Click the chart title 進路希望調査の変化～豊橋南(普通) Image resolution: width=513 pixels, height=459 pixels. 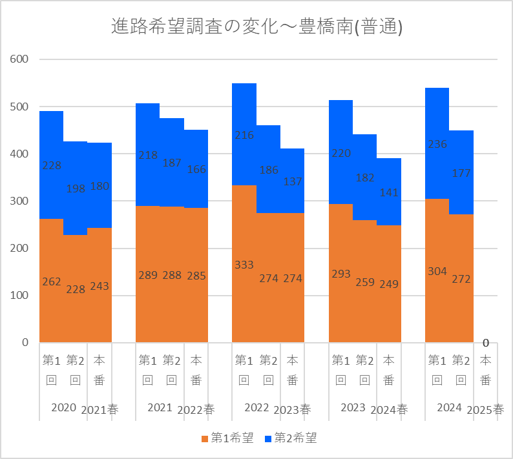[257, 26]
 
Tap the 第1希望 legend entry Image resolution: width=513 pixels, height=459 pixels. [227, 438]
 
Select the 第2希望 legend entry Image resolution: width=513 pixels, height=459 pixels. [291, 438]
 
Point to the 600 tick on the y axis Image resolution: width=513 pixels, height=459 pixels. [19, 59]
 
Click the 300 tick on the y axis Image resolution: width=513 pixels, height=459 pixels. [19, 201]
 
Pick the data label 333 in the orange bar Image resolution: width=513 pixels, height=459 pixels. [244, 265]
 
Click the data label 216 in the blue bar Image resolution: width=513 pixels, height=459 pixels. [244, 135]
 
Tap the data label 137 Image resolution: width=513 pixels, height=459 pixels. [293, 181]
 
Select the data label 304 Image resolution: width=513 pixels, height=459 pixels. [437, 271]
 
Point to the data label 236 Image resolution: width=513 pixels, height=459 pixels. [437, 144]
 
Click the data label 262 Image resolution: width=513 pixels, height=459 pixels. [52, 281]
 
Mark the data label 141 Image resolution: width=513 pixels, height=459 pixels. [389, 192]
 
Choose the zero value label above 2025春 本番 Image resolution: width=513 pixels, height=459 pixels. [486, 343]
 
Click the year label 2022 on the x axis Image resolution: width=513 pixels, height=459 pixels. [257, 407]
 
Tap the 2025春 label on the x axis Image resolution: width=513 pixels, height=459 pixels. [485, 410]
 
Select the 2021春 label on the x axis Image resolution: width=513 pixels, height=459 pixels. [99, 410]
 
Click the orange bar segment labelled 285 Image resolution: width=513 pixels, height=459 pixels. [196, 275]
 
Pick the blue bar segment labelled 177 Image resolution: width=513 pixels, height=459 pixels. [461, 172]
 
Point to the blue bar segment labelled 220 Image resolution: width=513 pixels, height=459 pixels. [341, 152]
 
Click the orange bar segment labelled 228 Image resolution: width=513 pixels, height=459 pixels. [75, 289]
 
